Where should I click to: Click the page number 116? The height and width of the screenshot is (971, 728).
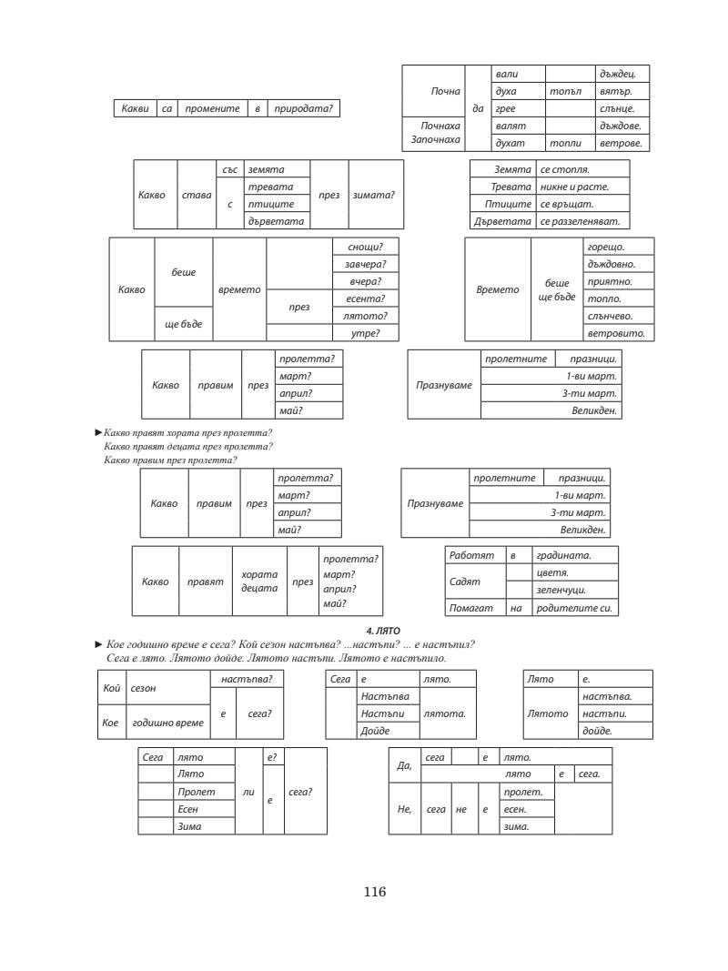[x=374, y=893]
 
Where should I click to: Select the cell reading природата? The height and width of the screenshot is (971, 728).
[x=305, y=109]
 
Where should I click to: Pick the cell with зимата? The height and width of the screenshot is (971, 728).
[x=374, y=195]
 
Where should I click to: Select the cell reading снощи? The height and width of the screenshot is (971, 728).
[x=365, y=247]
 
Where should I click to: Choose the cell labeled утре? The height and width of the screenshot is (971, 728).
[x=365, y=333]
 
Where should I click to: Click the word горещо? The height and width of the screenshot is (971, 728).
[x=609, y=247]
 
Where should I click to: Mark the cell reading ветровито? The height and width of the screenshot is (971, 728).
[x=615, y=333]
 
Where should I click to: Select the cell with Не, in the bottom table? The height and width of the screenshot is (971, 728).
[x=405, y=808]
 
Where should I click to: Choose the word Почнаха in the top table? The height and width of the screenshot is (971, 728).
[x=432, y=126]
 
